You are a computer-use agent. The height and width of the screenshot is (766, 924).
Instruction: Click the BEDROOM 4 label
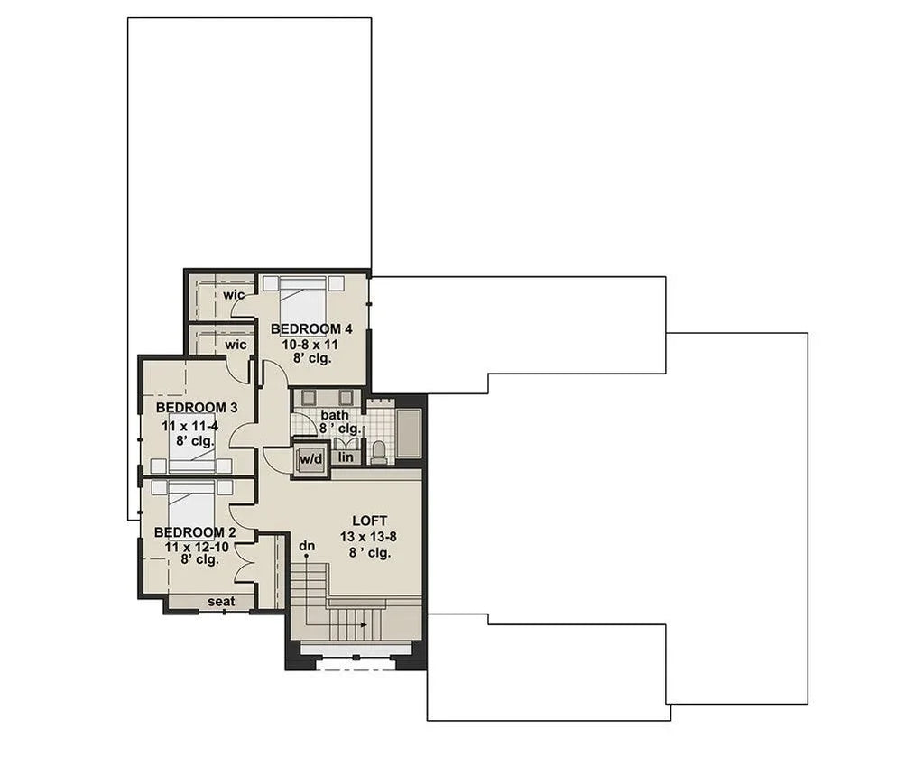point(305,328)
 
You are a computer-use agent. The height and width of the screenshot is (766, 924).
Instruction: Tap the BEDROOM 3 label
point(189,408)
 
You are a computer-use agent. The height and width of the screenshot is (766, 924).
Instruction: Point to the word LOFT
point(369,521)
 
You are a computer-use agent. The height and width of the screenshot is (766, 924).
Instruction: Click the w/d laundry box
point(310,459)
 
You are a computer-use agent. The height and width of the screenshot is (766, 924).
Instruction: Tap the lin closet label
point(345,458)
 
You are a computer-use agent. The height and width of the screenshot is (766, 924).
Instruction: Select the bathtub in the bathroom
point(409,433)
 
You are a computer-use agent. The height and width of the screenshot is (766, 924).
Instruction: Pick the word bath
point(334,415)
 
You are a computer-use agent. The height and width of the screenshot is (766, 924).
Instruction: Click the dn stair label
point(307,545)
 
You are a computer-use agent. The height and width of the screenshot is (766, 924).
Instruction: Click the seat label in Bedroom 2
point(221,602)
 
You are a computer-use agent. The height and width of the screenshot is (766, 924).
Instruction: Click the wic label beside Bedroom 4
point(235,295)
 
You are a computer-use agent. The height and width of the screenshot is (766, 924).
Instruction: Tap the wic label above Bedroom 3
point(236,344)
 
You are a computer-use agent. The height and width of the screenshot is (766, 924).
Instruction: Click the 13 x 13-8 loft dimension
point(368,537)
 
